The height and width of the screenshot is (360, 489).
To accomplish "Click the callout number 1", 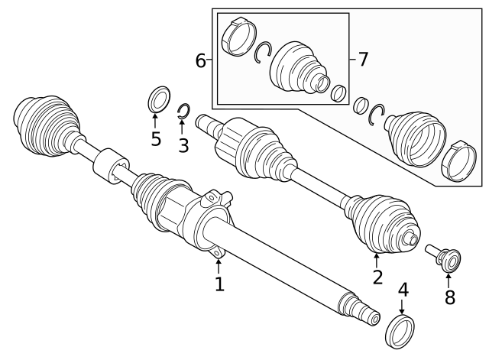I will pos(219,284).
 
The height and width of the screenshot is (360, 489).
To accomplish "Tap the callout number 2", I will pos(377,276).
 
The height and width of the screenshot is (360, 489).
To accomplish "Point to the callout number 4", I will pos(403,290).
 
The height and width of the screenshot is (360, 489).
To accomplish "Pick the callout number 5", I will pos(156,139).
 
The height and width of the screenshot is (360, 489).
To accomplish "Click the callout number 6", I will pos(201,60).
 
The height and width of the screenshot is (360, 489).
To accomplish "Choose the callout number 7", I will pos(363,58).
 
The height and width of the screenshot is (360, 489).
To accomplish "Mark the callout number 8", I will pos(449,297).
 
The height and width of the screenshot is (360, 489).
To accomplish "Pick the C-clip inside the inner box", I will pos(264,54).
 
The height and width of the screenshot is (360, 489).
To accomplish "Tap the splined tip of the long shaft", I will pos(367,311).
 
